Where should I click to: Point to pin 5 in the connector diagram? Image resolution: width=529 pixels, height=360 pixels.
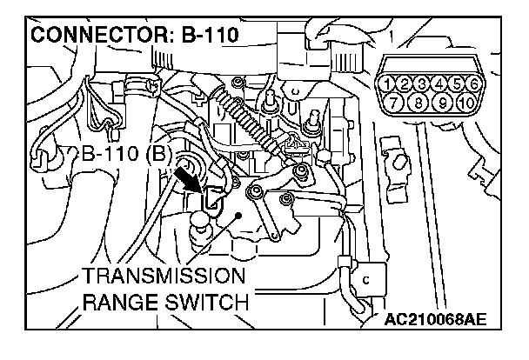click(x=459, y=84)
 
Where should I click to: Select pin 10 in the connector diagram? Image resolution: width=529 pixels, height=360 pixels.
click(x=467, y=103)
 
